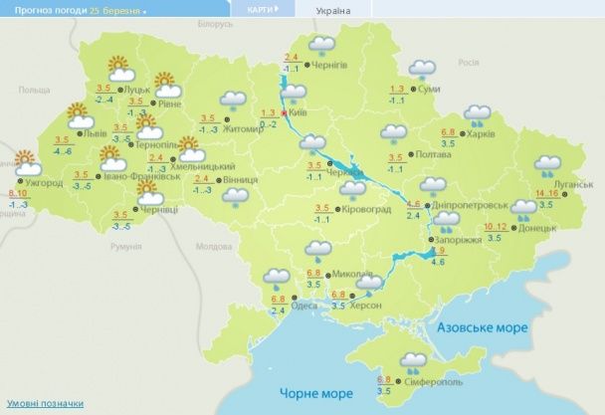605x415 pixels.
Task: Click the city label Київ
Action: [302, 114]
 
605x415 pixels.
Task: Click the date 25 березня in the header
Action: [114, 10]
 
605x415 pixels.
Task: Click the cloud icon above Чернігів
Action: [320, 45]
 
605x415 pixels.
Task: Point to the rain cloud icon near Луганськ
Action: [547, 165]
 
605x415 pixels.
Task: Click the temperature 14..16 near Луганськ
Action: [547, 193]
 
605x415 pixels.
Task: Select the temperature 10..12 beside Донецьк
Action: [495, 228]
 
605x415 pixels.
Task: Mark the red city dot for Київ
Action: [285, 114]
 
